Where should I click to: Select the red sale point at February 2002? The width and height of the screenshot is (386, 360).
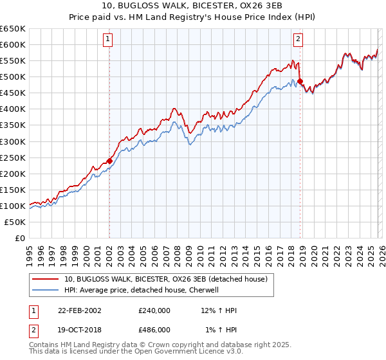(109, 161)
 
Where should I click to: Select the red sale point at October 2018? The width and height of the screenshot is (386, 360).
(300, 81)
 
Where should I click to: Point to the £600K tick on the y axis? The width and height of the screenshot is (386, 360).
(13, 44)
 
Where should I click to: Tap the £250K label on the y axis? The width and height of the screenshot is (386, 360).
(13, 157)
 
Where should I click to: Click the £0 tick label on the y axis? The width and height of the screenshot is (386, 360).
(19, 238)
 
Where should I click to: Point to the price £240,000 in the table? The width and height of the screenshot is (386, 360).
(154, 310)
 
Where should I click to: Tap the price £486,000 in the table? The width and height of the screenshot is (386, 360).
(154, 329)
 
